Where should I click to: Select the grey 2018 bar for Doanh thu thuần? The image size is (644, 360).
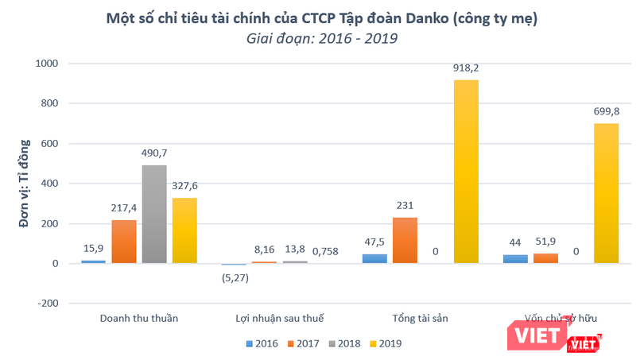(154, 214)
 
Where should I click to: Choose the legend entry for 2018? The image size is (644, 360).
(343, 344)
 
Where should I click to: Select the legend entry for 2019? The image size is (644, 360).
(386, 344)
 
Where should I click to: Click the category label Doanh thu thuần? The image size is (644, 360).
(139, 318)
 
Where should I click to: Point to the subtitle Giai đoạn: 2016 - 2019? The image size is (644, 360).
(321, 37)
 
